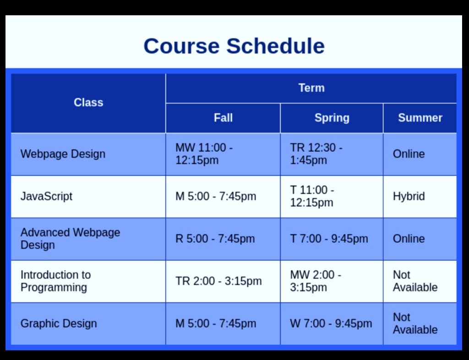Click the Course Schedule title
[234, 46]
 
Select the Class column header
[88, 103]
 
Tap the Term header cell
[311, 88]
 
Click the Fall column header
[223, 118]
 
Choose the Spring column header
[332, 118]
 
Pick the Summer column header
[420, 118]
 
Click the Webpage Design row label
[63, 154]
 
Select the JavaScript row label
[47, 196]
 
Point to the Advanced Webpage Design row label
[70, 239]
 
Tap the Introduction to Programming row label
[55, 281]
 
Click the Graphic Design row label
[59, 323]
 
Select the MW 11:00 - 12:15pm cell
[204, 154]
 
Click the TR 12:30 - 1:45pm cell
[316, 154]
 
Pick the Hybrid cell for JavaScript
[409, 196]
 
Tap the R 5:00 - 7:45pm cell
[215, 239]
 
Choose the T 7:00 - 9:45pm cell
[329, 239]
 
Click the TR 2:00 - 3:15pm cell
[218, 281]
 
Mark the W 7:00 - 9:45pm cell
[331, 323]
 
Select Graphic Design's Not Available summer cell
[415, 323]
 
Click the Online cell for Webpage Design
[409, 154]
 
